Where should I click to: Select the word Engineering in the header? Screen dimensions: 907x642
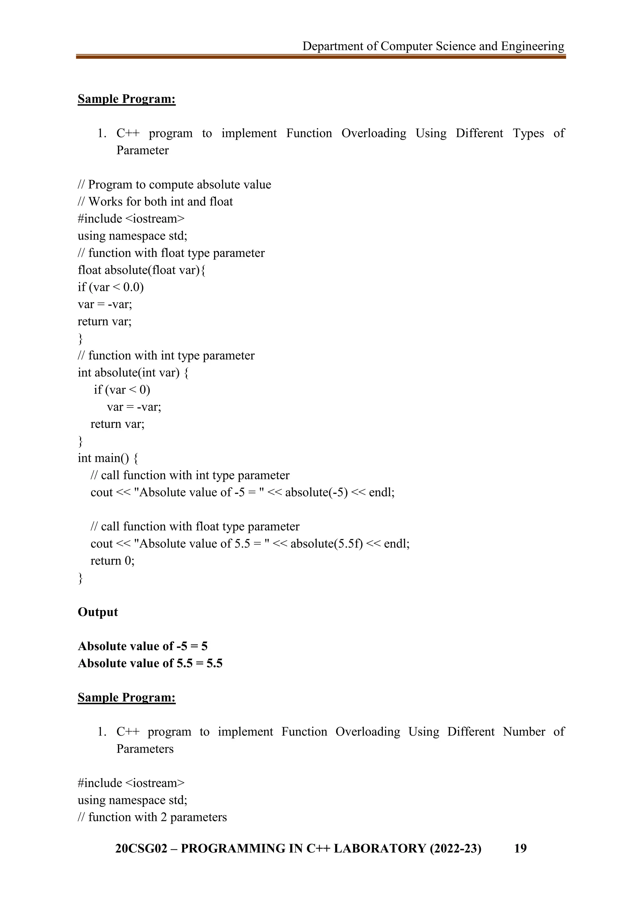click(x=533, y=46)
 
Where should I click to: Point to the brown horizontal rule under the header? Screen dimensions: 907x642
click(x=321, y=57)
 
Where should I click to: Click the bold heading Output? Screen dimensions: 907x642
click(x=97, y=612)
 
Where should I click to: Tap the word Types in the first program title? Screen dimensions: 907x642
click(x=528, y=133)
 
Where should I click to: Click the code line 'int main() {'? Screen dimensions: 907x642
click(x=108, y=458)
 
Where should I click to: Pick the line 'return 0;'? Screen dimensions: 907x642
click(x=113, y=561)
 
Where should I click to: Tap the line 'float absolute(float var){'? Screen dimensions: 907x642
click(x=141, y=270)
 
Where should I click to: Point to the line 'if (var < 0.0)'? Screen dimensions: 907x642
click(x=111, y=287)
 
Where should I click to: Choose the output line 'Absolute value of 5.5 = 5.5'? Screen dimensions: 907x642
click(x=150, y=663)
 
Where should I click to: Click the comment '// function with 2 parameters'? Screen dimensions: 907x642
click(x=152, y=817)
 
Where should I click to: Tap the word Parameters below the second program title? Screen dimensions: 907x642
click(x=145, y=749)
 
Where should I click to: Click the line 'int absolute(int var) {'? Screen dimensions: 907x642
click(x=133, y=372)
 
